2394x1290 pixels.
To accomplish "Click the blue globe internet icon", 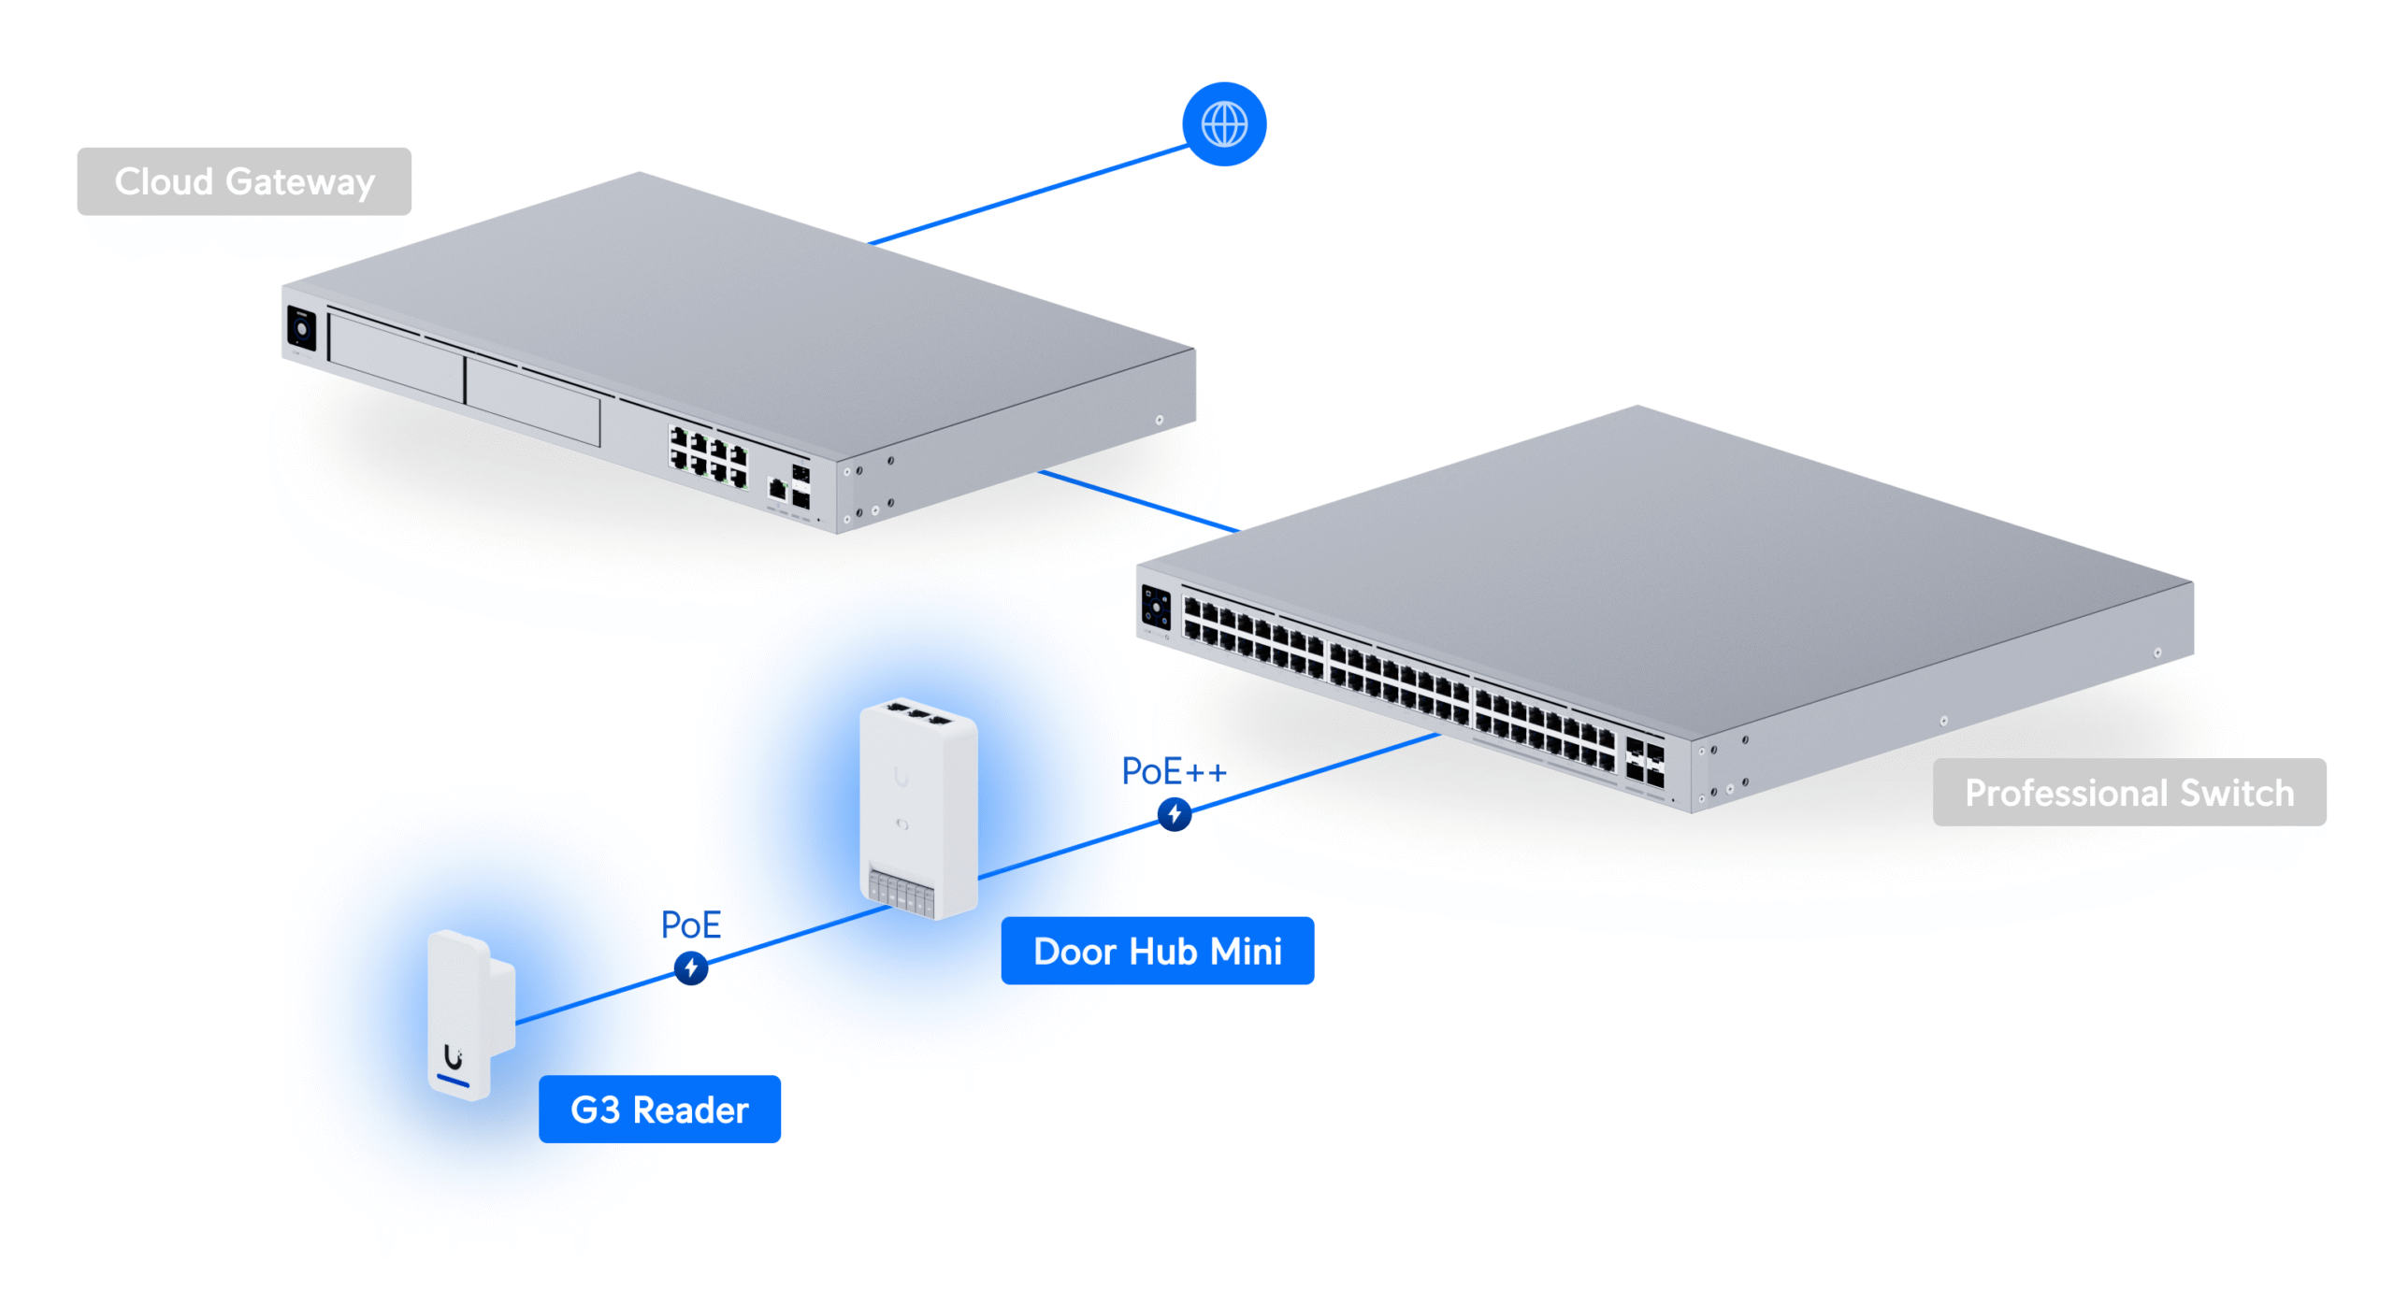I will (1223, 124).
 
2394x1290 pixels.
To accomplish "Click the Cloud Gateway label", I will (243, 181).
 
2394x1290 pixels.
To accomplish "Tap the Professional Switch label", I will (2127, 792).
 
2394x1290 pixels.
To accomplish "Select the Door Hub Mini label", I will (1156, 951).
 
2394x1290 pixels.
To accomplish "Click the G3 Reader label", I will (658, 1109).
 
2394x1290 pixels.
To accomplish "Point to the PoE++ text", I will (1173, 772).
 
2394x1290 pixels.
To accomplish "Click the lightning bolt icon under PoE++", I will (1174, 813).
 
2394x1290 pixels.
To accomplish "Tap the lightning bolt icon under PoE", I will (690, 967).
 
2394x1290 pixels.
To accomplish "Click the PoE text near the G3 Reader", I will (690, 924).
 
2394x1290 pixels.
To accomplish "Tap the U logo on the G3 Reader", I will (453, 1056).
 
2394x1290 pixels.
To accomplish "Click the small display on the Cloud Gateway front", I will (301, 329).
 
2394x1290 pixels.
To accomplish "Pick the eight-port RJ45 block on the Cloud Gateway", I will (708, 457).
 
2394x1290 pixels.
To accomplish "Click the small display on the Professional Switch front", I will (1155, 609).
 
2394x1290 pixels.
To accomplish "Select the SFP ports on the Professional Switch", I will (1644, 762).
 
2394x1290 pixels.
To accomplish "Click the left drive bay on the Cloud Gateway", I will (397, 359).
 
